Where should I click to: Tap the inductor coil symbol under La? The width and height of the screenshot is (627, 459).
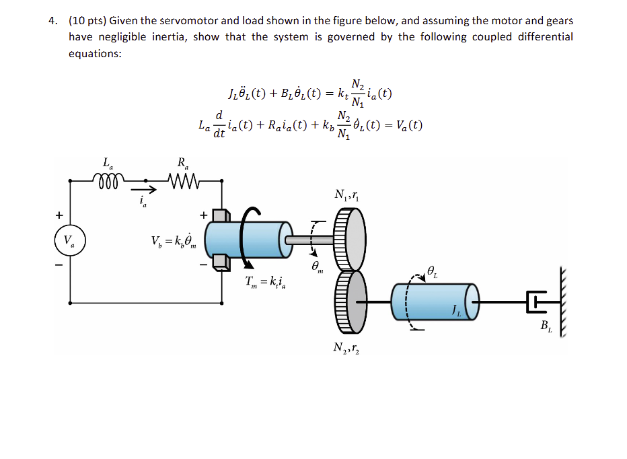[106, 180]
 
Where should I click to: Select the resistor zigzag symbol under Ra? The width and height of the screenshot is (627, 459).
[182, 180]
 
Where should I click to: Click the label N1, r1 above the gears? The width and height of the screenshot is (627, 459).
[346, 196]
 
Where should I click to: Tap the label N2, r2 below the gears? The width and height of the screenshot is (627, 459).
[346, 348]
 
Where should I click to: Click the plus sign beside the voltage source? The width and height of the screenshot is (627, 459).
[59, 215]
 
